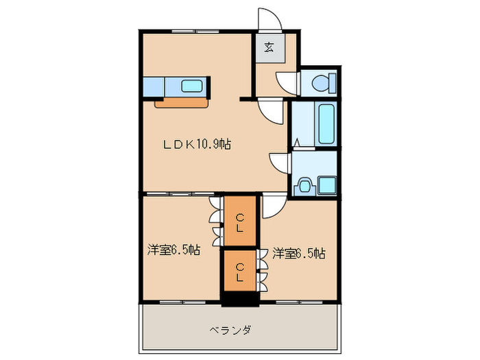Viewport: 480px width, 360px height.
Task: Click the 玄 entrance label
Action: coord(269,48)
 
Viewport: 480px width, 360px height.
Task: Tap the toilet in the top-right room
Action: coord(320,84)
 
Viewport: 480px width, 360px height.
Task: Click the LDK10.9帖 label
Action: coord(196,145)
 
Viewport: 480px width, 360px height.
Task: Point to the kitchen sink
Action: coord(191,86)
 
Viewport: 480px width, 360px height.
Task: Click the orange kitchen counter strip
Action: coord(181,103)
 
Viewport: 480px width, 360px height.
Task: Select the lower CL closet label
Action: coord(239,272)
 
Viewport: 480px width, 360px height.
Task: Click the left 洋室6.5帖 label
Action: coord(173,250)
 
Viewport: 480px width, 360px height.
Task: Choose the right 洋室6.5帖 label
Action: coord(298,254)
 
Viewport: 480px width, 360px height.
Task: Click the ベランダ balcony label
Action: coord(230,331)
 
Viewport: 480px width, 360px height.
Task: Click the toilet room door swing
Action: coord(287,82)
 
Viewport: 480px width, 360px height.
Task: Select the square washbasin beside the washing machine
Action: coord(326,184)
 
